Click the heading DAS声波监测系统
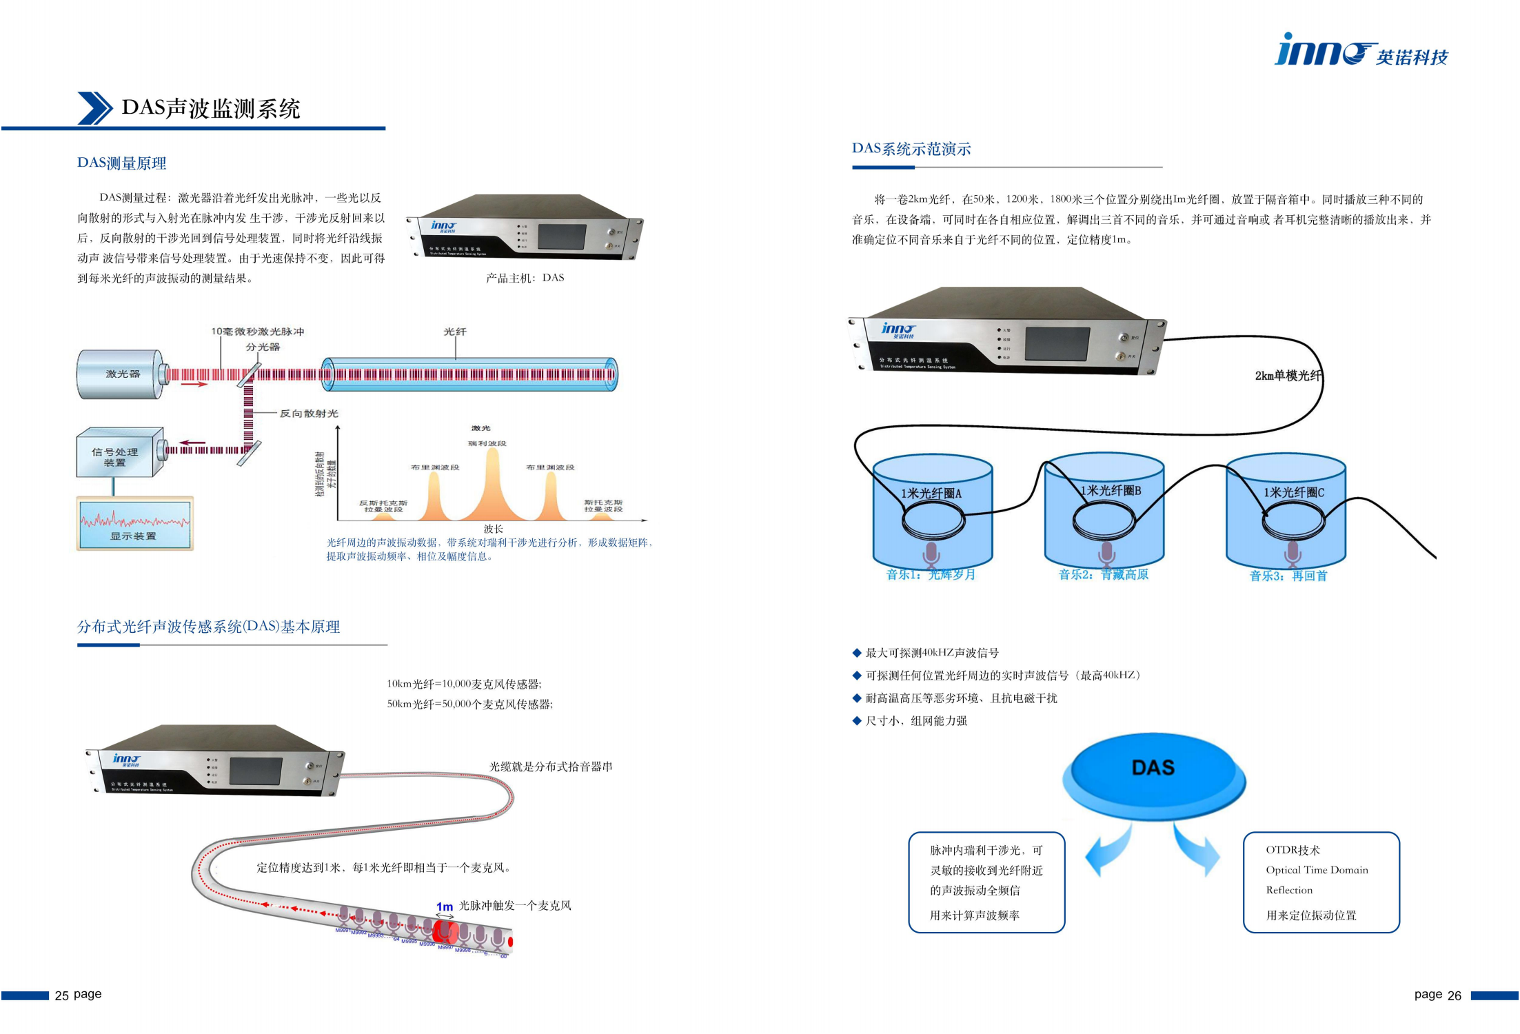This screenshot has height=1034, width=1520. pyautogui.click(x=210, y=109)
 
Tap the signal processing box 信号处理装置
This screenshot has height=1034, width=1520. pyautogui.click(x=115, y=456)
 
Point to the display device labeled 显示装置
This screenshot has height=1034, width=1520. pyautogui.click(x=134, y=524)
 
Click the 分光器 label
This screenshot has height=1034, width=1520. pyautogui.click(x=263, y=347)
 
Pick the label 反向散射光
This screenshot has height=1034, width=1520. pyautogui.click(x=308, y=414)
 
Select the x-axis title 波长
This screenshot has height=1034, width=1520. pyautogui.click(x=493, y=529)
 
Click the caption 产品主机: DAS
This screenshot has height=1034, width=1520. pyautogui.click(x=525, y=278)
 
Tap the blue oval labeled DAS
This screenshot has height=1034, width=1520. pyautogui.click(x=1153, y=770)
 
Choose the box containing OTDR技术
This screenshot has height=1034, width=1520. pyautogui.click(x=1321, y=882)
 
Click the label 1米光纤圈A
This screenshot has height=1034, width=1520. pyautogui.click(x=931, y=494)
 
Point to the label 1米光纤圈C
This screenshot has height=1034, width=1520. pyautogui.click(x=1293, y=492)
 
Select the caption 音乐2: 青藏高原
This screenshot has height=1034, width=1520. pyautogui.click(x=1103, y=574)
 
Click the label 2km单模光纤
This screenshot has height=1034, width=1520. pyautogui.click(x=1287, y=376)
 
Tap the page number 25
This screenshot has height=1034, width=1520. pyautogui.click(x=62, y=995)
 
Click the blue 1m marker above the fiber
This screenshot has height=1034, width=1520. pyautogui.click(x=445, y=906)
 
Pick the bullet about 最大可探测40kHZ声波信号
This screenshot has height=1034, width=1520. pyautogui.click(x=931, y=653)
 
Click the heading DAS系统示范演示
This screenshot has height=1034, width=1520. pyautogui.click(x=911, y=149)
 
